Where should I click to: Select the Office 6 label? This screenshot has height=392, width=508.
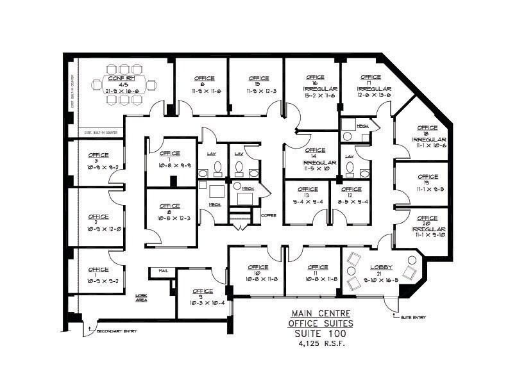click(x=201, y=79)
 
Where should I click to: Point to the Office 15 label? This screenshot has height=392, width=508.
click(x=257, y=79)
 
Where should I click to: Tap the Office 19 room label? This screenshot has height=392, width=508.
click(x=427, y=177)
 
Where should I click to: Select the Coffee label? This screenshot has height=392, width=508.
click(x=268, y=215)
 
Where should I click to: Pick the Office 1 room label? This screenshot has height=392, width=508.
click(x=98, y=270)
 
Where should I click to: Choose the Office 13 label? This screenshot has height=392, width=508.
click(x=308, y=190)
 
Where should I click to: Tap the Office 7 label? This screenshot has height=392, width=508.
click(x=169, y=154)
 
